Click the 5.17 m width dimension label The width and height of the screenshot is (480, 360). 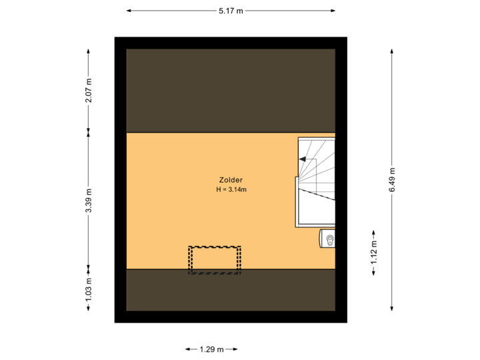click(x=231, y=11)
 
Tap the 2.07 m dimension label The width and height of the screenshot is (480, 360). click(x=89, y=91)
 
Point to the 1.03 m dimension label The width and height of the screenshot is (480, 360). click(x=89, y=289)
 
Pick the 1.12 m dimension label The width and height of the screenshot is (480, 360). click(x=374, y=253)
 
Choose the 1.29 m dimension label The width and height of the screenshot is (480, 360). click(x=211, y=349)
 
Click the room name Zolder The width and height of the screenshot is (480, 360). click(x=231, y=180)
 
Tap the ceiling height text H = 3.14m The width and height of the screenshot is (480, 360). click(x=231, y=190)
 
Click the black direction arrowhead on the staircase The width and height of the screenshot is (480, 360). click(x=303, y=160)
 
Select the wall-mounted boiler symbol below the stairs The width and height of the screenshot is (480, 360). click(x=329, y=239)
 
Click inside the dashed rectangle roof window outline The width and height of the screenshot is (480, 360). click(x=214, y=259)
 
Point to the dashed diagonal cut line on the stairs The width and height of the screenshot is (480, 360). click(x=316, y=195)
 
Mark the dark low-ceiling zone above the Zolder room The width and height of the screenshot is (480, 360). click(x=231, y=91)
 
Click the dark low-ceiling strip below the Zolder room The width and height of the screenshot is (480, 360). click(x=231, y=290)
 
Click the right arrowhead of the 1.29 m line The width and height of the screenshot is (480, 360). click(x=235, y=349)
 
